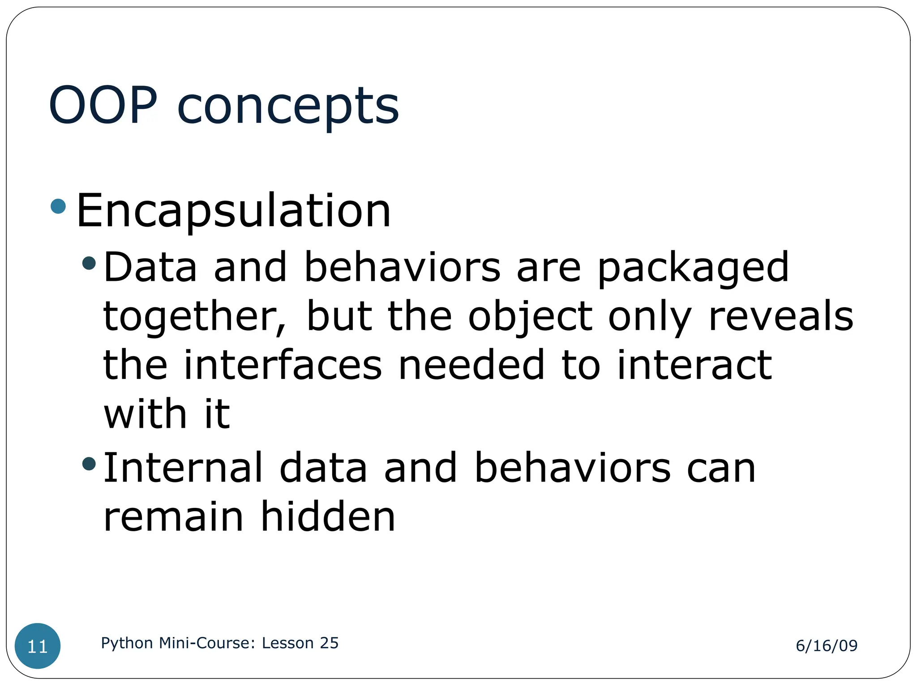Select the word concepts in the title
(x=288, y=107)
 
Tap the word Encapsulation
(x=234, y=211)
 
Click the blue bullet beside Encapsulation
(x=59, y=206)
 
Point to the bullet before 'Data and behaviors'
(x=90, y=263)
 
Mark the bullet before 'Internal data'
(x=90, y=464)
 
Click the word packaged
(x=693, y=269)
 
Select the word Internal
(x=183, y=468)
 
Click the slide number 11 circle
(x=38, y=646)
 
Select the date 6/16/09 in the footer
(x=827, y=645)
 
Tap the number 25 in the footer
(x=329, y=643)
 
